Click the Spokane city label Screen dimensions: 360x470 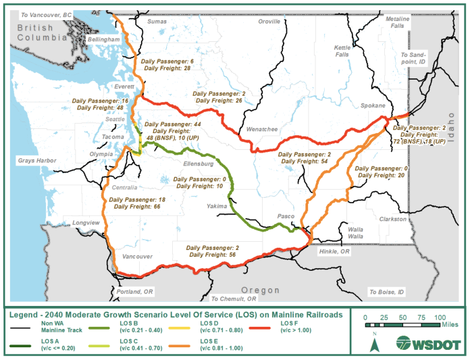click(x=373, y=107)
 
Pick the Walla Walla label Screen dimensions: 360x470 click(x=355, y=233)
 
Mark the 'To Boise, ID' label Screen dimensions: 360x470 click(x=387, y=292)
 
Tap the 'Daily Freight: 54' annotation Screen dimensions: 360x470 click(x=305, y=161)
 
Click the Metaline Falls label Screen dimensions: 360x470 click(x=398, y=22)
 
